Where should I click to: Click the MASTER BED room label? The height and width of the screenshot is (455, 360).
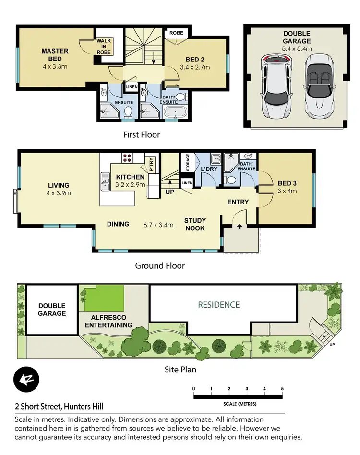pos(55,55)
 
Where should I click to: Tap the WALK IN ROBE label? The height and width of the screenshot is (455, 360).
pos(104,47)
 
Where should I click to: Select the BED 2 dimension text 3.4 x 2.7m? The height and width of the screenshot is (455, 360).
pos(195,68)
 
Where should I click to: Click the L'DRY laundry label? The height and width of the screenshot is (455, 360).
pos(209,170)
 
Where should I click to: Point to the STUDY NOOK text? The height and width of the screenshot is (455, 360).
pos(194,225)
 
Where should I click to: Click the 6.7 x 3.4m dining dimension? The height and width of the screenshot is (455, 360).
pos(158,224)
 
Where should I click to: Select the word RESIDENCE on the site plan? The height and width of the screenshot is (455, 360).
pos(218,305)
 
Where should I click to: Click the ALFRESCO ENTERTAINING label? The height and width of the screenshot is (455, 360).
pos(108,321)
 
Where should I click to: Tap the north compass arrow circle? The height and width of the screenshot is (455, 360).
pos(27,378)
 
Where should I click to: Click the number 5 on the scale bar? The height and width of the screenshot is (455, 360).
pos(282,388)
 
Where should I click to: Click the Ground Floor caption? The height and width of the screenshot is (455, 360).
pos(160,265)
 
